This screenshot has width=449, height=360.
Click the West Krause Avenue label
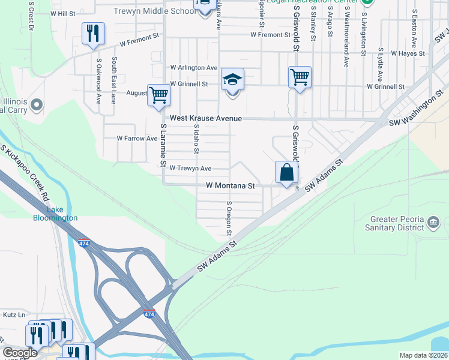(x=205, y=119)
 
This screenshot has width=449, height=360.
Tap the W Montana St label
(x=231, y=187)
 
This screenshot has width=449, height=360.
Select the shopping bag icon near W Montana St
(x=287, y=173)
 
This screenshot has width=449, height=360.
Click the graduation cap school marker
(x=232, y=79)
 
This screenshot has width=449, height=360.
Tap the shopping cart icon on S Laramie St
(x=158, y=95)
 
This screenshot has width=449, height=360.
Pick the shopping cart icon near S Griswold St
(x=300, y=77)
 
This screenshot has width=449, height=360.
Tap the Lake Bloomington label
(x=55, y=214)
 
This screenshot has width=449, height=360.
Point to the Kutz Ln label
(x=14, y=314)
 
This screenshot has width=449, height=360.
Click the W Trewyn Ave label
(x=190, y=168)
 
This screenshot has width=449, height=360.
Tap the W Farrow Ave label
(x=137, y=138)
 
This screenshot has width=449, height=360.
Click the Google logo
(x=20, y=353)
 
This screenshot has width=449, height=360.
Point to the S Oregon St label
(x=229, y=218)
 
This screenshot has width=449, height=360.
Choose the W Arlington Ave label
(x=194, y=68)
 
